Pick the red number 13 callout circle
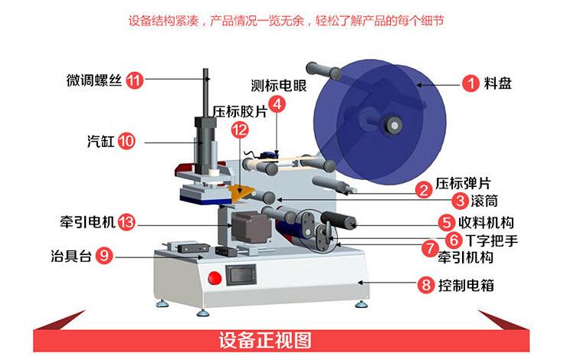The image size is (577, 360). coord(127,223)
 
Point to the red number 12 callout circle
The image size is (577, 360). coord(240,130)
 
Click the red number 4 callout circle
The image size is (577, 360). coord(277,104)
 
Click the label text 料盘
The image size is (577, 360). coord(498,83)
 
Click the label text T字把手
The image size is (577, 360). coord(491,240)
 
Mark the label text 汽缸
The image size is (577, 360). coord(100,141)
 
